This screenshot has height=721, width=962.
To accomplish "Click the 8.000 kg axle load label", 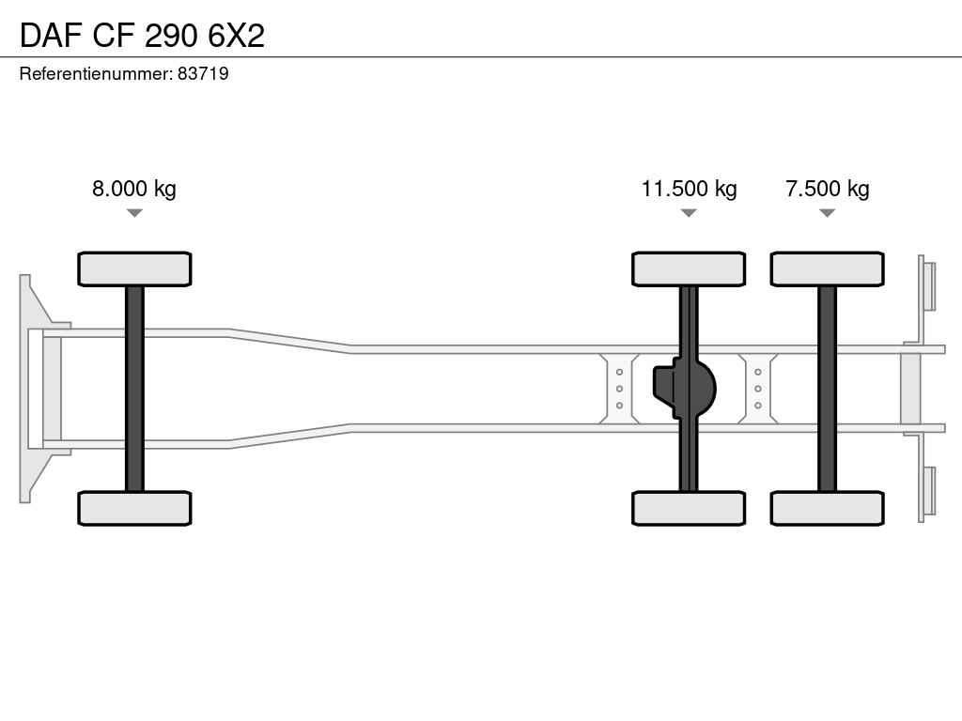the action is [x=133, y=188].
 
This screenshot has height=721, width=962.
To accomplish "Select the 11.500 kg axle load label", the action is [x=689, y=188].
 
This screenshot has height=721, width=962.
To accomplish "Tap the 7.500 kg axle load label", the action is [x=827, y=188].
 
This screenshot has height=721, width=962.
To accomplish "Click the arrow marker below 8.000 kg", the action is [x=134, y=213].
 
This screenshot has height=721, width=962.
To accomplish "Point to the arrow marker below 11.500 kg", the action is [x=689, y=213].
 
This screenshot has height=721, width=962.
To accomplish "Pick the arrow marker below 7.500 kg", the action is [x=827, y=213].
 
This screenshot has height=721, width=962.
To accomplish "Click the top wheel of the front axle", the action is [x=134, y=269].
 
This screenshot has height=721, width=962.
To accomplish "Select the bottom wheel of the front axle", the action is [x=134, y=508].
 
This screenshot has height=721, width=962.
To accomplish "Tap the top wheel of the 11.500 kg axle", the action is [x=689, y=269].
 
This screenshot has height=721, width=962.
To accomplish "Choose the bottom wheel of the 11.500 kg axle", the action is [x=689, y=508].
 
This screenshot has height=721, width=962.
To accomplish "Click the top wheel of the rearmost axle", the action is [x=827, y=269].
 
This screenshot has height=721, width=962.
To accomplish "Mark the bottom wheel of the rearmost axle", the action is [x=827, y=508].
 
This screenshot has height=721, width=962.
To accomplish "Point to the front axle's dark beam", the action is [x=134, y=389].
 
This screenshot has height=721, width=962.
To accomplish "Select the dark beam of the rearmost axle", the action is [x=827, y=389].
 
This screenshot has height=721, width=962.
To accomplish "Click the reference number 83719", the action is [x=203, y=73].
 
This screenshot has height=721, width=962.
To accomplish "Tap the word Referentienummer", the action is [x=95, y=73].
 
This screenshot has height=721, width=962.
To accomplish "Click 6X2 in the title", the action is [x=236, y=36].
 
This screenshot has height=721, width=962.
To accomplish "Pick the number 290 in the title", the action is [x=171, y=36].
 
